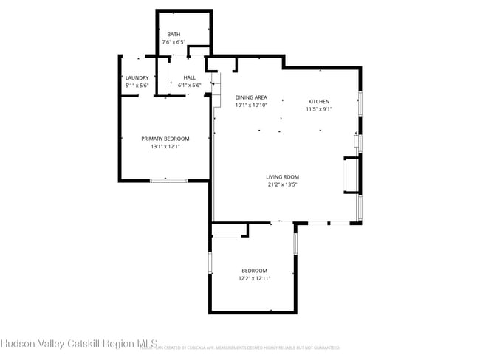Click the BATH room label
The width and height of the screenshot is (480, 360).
pyautogui.click(x=174, y=35)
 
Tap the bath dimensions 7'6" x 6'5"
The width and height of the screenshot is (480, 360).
pyautogui.click(x=174, y=42)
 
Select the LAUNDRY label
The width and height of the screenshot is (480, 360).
pyautogui.click(x=137, y=77)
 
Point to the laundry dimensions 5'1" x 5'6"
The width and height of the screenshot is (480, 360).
pyautogui.click(x=137, y=85)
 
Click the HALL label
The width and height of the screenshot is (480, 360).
pyautogui.click(x=190, y=77)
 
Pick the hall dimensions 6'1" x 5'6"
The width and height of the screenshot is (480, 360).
pyautogui.click(x=190, y=85)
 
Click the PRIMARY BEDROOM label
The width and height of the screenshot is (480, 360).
pyautogui.click(x=165, y=139)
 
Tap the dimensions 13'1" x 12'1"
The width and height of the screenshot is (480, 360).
pyautogui.click(x=165, y=146)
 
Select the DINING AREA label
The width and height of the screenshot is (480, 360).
pyautogui.click(x=251, y=97)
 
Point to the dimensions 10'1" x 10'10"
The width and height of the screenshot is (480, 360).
pyautogui.click(x=251, y=105)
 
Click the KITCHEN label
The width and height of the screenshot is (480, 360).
pyautogui.click(x=319, y=101)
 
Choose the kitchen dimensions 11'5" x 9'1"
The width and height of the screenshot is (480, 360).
pyautogui.click(x=319, y=108)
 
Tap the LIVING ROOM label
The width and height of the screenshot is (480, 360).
pyautogui.click(x=282, y=176)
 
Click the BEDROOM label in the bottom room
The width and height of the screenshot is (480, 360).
pyautogui.click(x=254, y=271)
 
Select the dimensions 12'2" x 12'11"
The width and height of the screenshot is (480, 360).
pyautogui.click(x=254, y=278)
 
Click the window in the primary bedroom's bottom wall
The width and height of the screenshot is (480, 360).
pyautogui.click(x=168, y=180)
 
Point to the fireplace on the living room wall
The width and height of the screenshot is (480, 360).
pyautogui.click(x=349, y=176)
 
